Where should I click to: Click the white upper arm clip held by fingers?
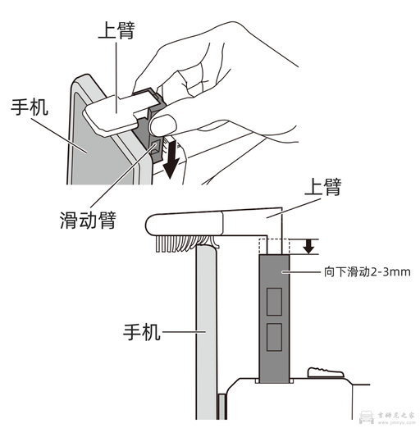119,107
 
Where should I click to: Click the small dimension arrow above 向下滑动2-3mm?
308,245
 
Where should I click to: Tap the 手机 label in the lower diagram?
142,334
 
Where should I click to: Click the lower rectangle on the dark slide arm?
273,335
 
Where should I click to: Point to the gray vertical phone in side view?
206,328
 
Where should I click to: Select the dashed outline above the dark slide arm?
273,245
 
